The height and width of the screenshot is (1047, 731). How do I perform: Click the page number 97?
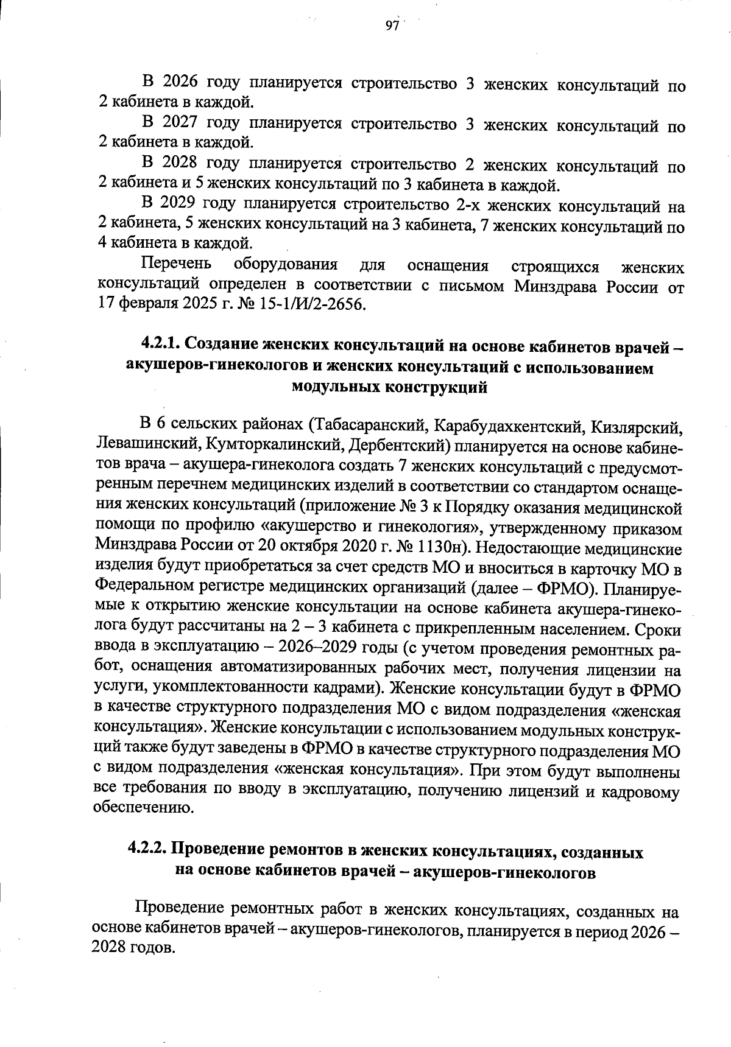(391, 26)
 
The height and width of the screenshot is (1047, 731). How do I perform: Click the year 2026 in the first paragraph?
(180, 83)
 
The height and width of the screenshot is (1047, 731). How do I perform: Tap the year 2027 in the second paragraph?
(180, 124)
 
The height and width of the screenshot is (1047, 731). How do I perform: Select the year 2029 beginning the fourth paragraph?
(179, 205)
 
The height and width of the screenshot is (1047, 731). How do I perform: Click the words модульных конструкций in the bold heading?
(390, 388)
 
